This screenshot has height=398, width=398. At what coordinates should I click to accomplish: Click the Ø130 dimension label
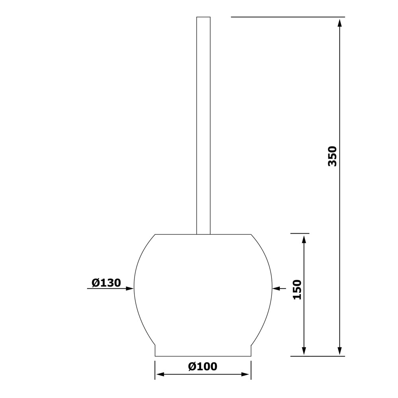(x=106, y=283)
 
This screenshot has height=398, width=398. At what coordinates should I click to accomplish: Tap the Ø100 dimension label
(x=203, y=366)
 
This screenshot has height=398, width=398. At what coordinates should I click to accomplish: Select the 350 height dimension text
(x=332, y=156)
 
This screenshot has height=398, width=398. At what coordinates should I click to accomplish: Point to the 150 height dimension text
(x=297, y=290)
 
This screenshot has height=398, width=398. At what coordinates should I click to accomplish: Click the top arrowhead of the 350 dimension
(x=339, y=22)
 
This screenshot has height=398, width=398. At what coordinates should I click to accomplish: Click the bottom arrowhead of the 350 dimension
(x=339, y=351)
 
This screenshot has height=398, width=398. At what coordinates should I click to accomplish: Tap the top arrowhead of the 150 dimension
(x=304, y=239)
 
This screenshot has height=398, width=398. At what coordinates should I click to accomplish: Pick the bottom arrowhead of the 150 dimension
(x=304, y=351)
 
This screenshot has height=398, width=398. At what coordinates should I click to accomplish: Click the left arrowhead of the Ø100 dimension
(x=160, y=375)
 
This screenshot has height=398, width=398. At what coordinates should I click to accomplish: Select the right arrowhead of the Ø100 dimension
(x=246, y=375)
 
